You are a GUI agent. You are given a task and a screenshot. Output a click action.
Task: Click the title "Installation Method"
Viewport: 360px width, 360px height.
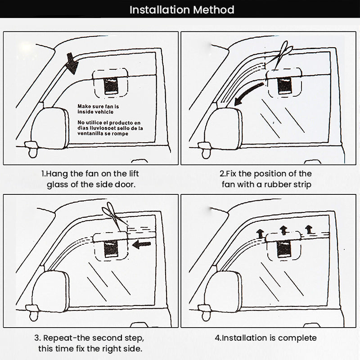tap(182, 9)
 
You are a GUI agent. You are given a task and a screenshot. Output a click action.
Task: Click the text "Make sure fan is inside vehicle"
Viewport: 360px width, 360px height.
tap(98, 108)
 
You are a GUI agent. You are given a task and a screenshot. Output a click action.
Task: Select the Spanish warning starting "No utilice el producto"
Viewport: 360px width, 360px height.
tap(110, 128)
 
